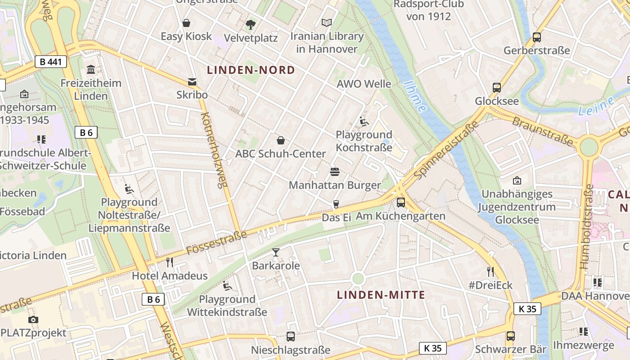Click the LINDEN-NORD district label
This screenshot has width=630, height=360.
pos(251,70)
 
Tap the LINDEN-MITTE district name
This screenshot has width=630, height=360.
pos(381,295)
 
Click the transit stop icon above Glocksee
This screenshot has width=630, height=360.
pos(497,88)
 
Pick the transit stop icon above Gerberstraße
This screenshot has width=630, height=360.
pos(536,37)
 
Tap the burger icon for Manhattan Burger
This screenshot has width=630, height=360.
pos(334,171)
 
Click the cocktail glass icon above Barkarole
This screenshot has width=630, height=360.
pos(276,252)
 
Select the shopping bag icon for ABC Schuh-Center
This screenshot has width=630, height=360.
pos(281,140)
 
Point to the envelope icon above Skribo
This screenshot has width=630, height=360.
pos(192,81)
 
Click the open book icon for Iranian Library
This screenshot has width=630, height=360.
pos(327,22)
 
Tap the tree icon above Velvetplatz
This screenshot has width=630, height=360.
pos(251,24)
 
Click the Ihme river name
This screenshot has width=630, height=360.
pos(415,96)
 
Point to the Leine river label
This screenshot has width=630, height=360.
pos(596,105)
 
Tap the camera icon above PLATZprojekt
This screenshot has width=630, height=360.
pos(33,319)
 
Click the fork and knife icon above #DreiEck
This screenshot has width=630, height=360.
pos(490,271)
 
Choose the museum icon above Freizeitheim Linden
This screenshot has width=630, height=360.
pos(91,69)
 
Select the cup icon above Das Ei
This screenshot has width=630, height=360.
pos(336,204)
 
